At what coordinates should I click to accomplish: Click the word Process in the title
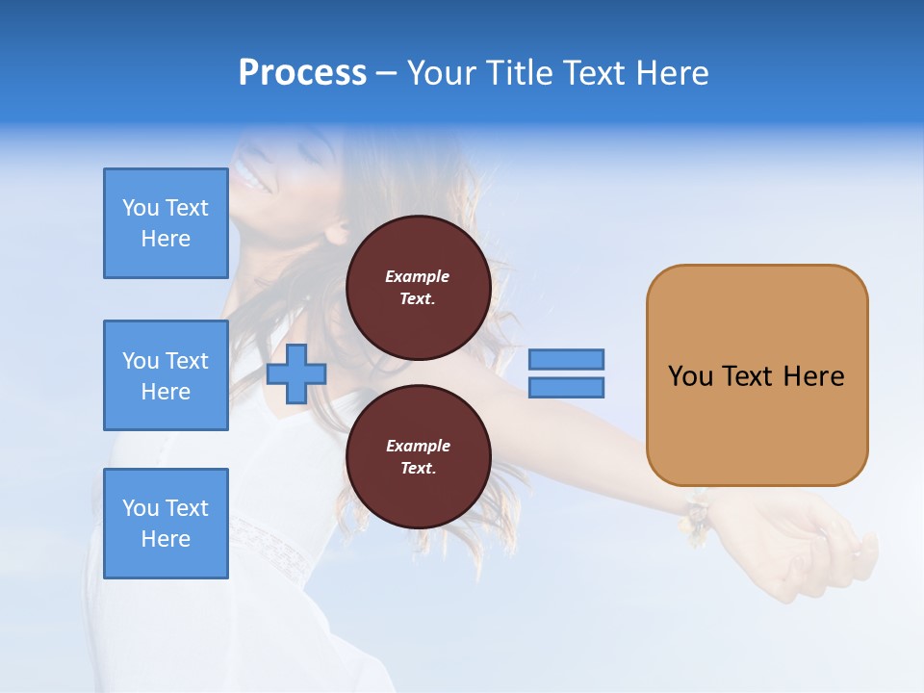point(302,73)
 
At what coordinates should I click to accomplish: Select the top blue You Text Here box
point(166,223)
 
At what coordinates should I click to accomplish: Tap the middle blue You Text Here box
point(166,375)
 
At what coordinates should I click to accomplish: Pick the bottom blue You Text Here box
point(166,524)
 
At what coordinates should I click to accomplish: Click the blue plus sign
point(295,374)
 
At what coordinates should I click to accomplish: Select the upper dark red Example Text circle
point(418,288)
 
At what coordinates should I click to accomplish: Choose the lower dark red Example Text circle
point(418,457)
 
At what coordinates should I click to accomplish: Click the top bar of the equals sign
point(566,359)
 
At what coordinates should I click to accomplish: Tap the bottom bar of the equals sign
point(566,388)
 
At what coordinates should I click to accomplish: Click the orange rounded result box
point(757,375)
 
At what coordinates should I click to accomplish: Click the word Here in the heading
point(672,73)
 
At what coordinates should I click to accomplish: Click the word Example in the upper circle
point(418,276)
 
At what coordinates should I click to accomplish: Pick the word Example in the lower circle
point(418,446)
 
